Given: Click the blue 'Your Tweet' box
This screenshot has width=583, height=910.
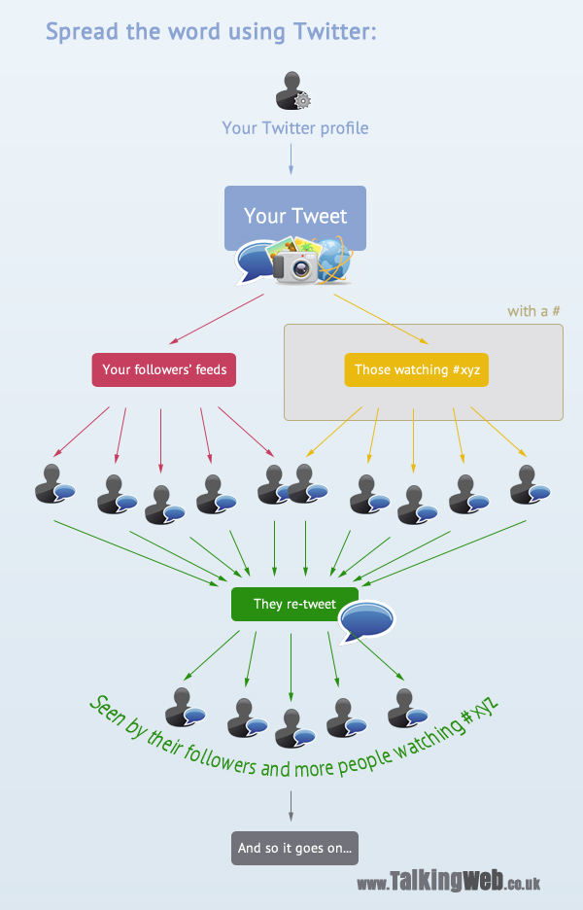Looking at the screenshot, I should coord(294,216).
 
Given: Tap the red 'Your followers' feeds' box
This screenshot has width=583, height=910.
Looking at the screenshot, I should coord(164,369).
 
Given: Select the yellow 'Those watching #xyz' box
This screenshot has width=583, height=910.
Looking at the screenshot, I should coord(416,369).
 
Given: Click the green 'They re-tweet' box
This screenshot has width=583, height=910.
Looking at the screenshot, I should coord(294,604).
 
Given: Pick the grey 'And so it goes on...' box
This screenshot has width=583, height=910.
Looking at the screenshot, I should coord(295,848).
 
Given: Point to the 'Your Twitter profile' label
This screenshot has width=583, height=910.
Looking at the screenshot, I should coord(294,127).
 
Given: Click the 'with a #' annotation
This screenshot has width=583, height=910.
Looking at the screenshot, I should coord(533,311).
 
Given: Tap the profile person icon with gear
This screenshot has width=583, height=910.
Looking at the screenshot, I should coord(291,90).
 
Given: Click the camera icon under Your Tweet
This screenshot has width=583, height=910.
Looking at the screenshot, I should coord(295,264).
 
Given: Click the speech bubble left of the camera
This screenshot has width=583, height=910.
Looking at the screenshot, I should coord(256,261).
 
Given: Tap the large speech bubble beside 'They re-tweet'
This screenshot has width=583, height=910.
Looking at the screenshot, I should coord(366,620).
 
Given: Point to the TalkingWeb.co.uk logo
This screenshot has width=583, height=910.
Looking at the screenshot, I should coord(448,882).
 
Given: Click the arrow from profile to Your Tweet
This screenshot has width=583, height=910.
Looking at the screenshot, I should coord(291,157).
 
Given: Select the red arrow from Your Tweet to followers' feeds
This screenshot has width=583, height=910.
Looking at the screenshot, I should coord(216,319).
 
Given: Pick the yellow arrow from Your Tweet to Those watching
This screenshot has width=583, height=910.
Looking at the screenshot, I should coord(374,319).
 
